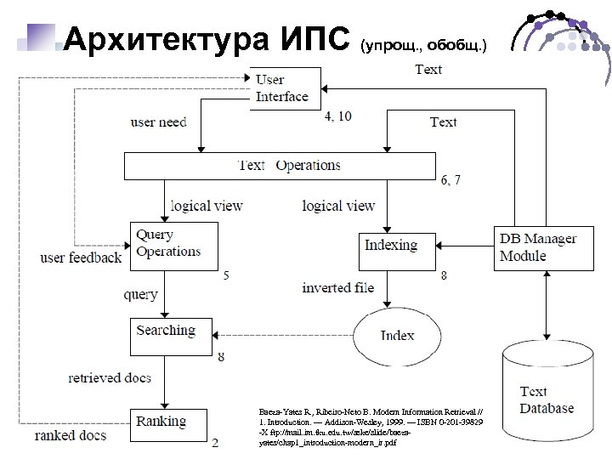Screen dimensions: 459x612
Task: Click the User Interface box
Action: click(x=286, y=88)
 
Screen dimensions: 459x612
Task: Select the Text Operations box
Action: click(x=280, y=166)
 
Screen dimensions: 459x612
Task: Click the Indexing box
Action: click(x=390, y=246)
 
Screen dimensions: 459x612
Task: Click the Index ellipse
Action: click(x=397, y=335)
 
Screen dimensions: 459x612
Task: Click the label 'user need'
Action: click(x=158, y=122)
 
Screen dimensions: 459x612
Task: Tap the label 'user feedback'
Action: click(x=81, y=257)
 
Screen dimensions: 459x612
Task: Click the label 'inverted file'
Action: click(x=338, y=287)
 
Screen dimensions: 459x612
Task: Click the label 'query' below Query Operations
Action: click(x=140, y=295)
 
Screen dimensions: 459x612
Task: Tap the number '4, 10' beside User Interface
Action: click(x=337, y=116)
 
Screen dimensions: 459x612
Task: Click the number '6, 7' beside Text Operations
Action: click(x=451, y=180)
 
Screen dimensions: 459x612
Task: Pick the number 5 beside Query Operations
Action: click(x=224, y=275)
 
